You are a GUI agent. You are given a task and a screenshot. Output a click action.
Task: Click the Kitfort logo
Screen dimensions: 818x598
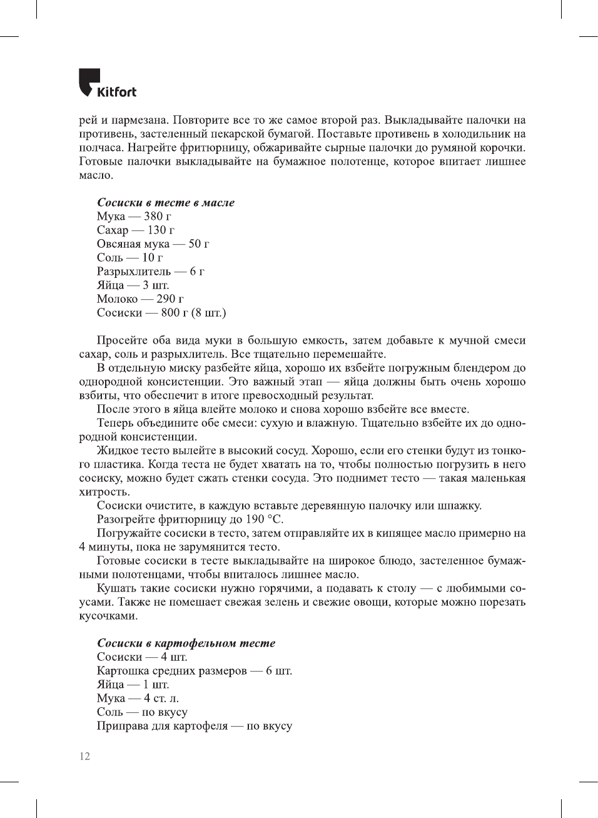[107, 84]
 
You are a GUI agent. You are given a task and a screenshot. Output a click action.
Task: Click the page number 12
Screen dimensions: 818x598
[84, 756]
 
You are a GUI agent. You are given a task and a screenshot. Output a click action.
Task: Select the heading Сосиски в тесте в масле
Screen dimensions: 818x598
[166, 202]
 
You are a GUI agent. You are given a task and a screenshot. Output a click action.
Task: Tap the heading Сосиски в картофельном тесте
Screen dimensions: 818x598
[186, 643]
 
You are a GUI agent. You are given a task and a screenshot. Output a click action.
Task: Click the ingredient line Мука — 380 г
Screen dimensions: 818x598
[134, 216]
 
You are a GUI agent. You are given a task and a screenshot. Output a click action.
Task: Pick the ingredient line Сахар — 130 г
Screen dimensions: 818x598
[136, 230]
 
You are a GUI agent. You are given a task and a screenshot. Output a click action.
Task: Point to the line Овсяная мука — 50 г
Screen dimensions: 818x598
[153, 243]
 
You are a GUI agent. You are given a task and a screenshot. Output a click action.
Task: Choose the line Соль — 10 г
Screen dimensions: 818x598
[129, 257]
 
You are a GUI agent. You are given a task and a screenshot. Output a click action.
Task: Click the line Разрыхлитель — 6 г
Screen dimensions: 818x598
[150, 271]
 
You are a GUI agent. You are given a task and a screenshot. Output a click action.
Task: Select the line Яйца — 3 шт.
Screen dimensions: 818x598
[133, 285]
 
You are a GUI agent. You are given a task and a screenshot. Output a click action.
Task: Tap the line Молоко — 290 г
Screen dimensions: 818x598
[140, 299]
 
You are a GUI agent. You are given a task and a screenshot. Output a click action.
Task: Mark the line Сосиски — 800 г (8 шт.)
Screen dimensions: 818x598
[161, 312]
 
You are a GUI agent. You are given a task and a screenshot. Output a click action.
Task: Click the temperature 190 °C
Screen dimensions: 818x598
[264, 519]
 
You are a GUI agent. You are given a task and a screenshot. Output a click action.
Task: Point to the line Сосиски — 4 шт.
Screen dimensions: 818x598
[142, 657]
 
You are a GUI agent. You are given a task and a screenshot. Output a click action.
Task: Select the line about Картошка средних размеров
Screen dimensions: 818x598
[195, 670]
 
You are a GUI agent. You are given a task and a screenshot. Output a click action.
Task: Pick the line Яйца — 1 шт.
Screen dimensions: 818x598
[133, 684]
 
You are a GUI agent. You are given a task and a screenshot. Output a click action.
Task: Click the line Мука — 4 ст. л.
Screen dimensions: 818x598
[138, 698]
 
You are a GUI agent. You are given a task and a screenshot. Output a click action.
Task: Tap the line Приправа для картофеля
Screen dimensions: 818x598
[195, 725]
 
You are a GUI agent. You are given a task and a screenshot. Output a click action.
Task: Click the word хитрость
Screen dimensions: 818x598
[104, 492]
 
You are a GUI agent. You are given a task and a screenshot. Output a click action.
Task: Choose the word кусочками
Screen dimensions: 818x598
[108, 616]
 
